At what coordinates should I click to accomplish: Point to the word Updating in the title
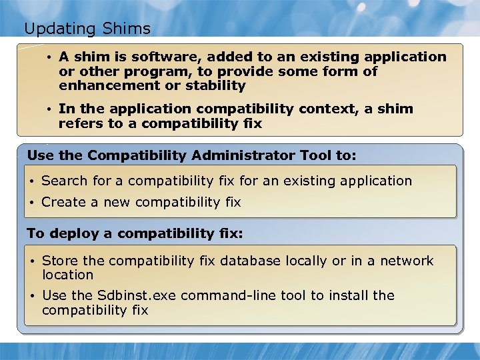61,29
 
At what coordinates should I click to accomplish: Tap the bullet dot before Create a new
31,202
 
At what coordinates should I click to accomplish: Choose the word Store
59,261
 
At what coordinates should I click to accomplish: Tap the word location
67,275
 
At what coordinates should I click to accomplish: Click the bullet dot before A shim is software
49,57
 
